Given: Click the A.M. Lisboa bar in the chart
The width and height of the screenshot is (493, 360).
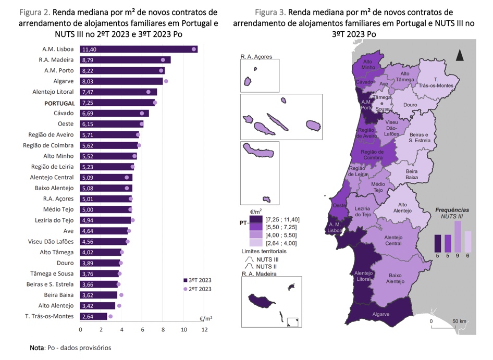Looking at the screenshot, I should click(138, 49).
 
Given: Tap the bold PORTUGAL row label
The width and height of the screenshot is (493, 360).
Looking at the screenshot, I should click(59, 103).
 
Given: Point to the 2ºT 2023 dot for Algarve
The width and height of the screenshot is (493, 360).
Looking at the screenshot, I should click(166, 81).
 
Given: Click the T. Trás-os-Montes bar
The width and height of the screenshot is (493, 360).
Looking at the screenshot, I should click(94, 316).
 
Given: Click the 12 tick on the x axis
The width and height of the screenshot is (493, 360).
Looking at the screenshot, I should click(205, 330).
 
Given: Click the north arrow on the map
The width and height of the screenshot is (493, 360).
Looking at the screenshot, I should click(460, 55).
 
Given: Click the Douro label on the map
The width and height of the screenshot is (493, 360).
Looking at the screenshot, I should click(410, 105).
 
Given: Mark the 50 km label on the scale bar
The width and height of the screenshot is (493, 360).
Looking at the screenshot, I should click(459, 321).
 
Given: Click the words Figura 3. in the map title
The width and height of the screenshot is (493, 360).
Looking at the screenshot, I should click(270, 12).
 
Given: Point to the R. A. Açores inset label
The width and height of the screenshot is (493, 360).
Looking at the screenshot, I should click(256, 56).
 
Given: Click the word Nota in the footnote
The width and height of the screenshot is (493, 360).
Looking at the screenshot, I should click(37, 347).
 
